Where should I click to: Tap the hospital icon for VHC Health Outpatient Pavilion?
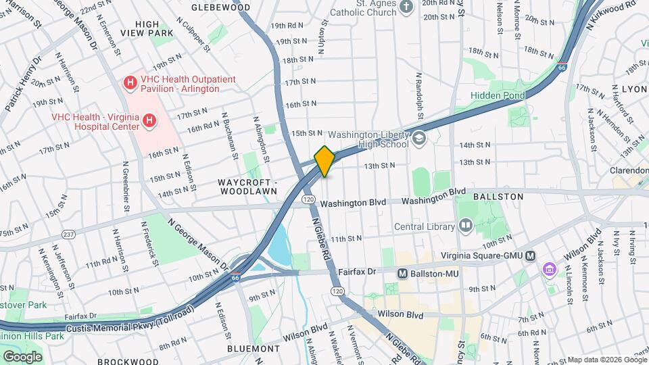[x=129, y=83]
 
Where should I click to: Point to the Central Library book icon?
[x=464, y=226]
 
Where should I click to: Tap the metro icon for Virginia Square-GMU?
[x=531, y=255]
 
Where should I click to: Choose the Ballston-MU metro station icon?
[x=402, y=273]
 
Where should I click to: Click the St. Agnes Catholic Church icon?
[x=406, y=7]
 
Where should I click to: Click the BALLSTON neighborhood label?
[x=498, y=196]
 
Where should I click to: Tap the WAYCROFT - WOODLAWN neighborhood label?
[x=247, y=187]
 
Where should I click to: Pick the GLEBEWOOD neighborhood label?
[x=216, y=7]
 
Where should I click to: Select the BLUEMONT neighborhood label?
[x=254, y=349]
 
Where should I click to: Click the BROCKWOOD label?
[x=128, y=361]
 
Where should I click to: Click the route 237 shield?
[x=68, y=235]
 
